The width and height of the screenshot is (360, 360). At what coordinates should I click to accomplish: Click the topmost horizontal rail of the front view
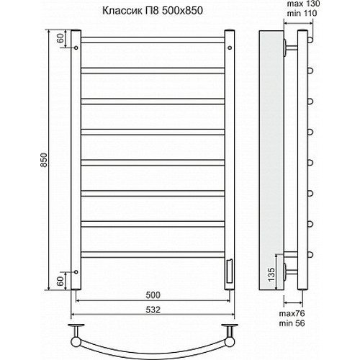[153, 37]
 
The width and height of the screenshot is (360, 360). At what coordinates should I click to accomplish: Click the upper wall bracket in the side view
[290, 48]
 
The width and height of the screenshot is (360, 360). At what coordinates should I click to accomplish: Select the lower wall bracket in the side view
[290, 271]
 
